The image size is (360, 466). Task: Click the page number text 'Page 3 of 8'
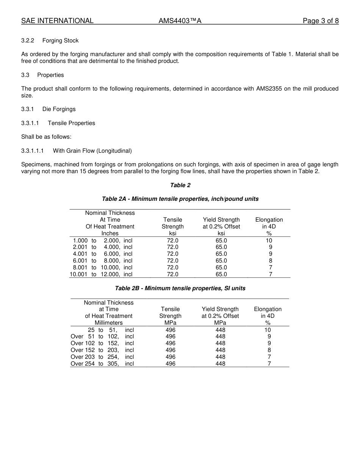pos(321,21)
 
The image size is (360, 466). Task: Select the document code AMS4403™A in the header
pos(180,21)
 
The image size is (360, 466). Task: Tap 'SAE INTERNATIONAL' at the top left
pos(57,21)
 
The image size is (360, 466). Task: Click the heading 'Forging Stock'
pos(61,41)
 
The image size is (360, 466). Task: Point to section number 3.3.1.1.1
pos(33,151)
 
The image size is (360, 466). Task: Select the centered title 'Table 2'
pos(180,185)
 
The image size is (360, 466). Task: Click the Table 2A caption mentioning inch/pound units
pos(180,199)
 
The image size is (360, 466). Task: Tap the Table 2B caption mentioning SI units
pos(180,288)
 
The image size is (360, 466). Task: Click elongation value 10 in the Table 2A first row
pos(269,241)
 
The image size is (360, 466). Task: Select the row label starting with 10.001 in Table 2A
pos(101,274)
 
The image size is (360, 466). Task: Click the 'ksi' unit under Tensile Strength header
pos(173,233)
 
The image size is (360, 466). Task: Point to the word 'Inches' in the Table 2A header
pos(110,233)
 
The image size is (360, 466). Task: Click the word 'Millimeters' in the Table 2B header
pos(109,323)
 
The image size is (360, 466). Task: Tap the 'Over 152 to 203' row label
pos(102,350)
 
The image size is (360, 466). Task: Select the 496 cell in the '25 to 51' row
pos(171,330)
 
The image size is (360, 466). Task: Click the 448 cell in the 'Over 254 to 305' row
pos(220,364)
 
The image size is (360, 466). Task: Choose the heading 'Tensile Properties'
pos(72,123)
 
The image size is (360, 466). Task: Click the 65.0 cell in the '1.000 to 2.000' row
pos(221,241)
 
